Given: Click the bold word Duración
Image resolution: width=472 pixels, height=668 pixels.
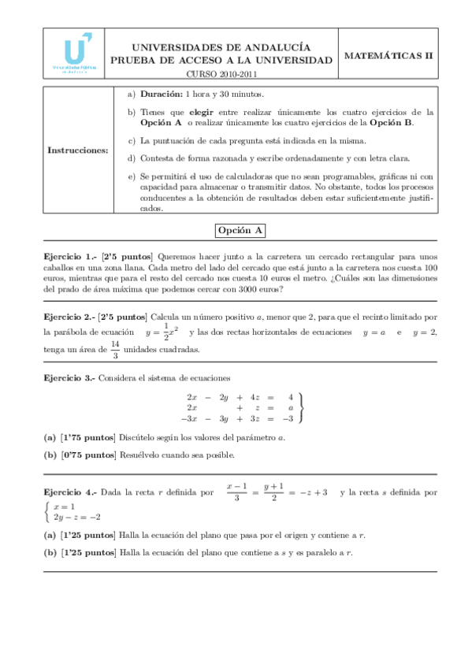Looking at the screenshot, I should point(162,93).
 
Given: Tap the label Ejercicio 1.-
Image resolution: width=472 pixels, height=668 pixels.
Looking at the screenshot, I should point(69,256).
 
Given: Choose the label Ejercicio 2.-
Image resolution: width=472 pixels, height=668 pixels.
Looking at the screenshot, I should point(69,317).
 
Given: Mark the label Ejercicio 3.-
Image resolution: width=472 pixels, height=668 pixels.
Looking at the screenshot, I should point(69,377).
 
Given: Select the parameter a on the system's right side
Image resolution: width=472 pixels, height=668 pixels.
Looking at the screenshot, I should point(291,408).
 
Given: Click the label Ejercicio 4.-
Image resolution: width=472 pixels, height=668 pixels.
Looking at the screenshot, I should point(69,492).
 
